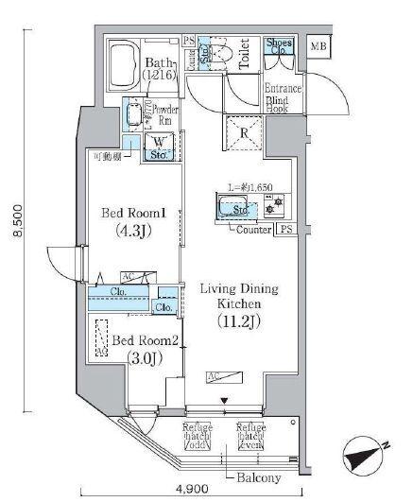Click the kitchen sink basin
(232, 208)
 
